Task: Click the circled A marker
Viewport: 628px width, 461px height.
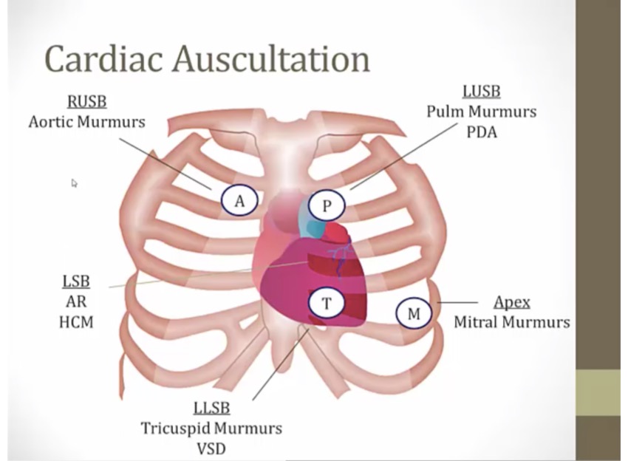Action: (239, 200)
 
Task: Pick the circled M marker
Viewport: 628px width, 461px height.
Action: (414, 313)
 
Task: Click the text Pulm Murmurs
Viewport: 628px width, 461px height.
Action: (481, 112)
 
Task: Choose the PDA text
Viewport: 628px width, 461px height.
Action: (481, 133)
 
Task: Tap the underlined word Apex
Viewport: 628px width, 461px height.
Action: (511, 303)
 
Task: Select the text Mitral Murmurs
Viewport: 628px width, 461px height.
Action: (511, 323)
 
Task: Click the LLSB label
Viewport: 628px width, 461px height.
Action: (211, 408)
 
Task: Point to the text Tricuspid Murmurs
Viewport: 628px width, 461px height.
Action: (211, 428)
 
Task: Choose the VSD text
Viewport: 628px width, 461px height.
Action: (211, 448)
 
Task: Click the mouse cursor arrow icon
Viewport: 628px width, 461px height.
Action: (74, 182)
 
